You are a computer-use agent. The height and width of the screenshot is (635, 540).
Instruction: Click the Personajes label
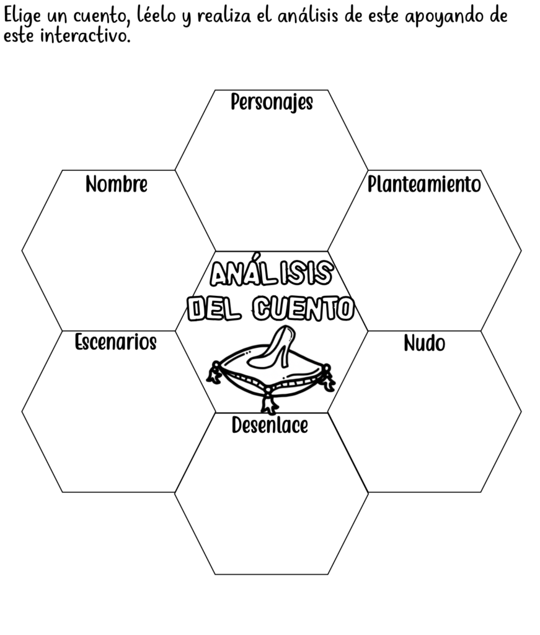[x=272, y=102]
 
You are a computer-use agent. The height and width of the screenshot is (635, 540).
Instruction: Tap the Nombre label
[x=117, y=184]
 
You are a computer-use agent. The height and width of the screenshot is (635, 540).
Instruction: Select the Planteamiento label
[x=424, y=184]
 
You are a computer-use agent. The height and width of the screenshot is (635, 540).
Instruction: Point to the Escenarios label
[x=116, y=342]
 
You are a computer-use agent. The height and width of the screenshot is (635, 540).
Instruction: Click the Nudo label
[x=424, y=343]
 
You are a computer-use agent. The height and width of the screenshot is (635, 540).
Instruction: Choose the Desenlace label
[x=270, y=425]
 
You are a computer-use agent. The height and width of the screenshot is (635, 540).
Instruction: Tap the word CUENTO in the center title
[x=304, y=309]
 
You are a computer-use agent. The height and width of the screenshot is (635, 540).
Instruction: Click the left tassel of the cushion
[x=214, y=373]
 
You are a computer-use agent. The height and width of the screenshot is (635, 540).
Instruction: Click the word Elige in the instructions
[x=22, y=17]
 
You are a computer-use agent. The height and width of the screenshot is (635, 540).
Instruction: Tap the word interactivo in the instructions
[x=86, y=36]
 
